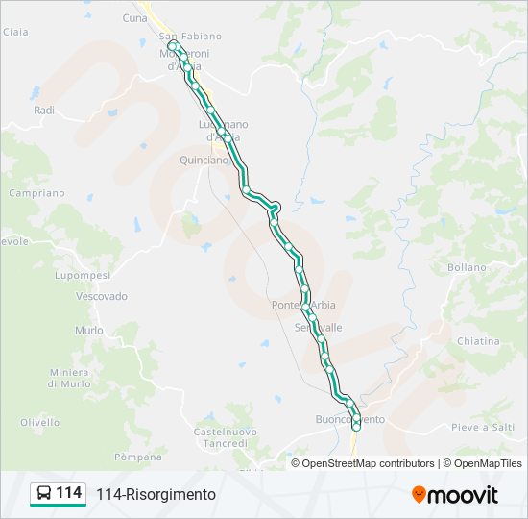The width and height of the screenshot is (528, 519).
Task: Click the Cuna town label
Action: click(135, 18)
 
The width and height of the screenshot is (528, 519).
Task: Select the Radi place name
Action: click(44, 111)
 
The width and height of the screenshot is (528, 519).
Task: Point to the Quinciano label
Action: click(204, 161)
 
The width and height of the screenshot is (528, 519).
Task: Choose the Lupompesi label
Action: click(83, 276)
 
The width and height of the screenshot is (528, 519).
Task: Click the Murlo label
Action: click(88, 331)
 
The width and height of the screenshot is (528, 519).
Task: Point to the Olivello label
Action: click(40, 422)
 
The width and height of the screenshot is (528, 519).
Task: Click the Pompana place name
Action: click(137, 457)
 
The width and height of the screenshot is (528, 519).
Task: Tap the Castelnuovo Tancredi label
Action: click(225, 438)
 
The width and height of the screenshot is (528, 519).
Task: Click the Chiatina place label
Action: click(478, 341)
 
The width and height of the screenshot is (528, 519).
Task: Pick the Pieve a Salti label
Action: click(484, 427)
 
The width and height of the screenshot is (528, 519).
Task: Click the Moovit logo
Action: click(455, 495)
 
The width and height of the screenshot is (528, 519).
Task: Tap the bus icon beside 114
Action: click(44, 494)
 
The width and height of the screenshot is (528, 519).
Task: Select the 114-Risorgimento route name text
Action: click(156, 495)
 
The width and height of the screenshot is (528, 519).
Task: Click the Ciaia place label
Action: click(15, 32)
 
